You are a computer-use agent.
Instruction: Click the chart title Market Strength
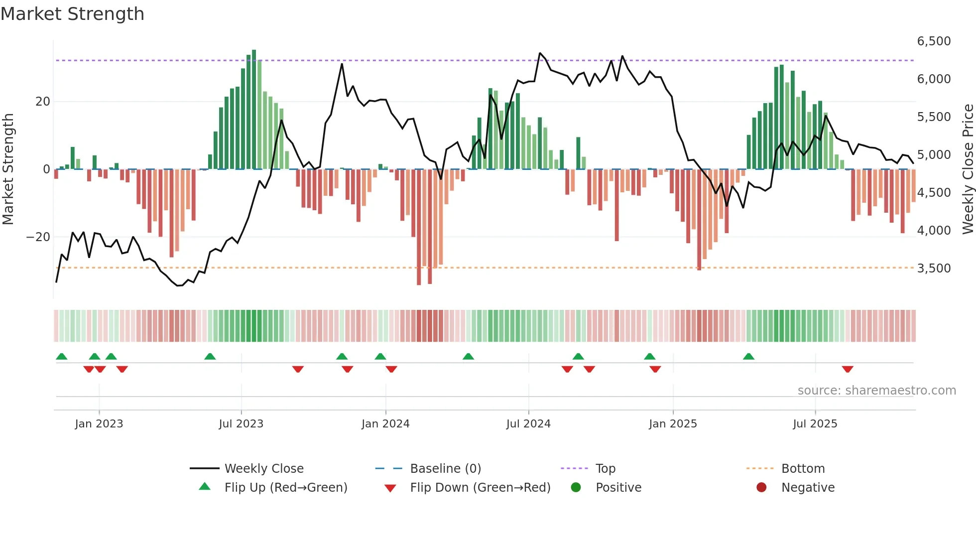(73, 14)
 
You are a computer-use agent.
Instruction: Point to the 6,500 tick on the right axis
(934, 41)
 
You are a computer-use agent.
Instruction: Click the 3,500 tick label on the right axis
(934, 269)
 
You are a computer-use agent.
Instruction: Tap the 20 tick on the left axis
(43, 102)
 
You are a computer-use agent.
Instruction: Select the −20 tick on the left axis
(38, 237)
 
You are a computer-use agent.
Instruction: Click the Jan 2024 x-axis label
(385, 424)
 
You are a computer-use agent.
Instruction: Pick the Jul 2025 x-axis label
(815, 424)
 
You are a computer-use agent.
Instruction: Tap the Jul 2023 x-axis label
(241, 424)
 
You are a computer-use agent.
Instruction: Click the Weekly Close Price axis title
(968, 169)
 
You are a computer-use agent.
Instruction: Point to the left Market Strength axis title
(8, 169)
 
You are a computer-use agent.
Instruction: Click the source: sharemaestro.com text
(876, 391)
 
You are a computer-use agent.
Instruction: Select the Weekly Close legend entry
(263, 469)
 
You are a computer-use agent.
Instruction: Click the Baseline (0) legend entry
(445, 469)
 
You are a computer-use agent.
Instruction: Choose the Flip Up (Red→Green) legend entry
(285, 488)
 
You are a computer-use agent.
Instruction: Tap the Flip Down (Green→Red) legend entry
(480, 488)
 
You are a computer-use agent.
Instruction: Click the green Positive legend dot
(576, 488)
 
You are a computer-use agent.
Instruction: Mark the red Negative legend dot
(761, 488)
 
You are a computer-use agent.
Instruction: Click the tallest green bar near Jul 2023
(254, 110)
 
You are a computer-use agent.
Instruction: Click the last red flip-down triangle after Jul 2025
(848, 369)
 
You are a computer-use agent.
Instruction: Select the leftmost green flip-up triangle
(62, 357)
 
